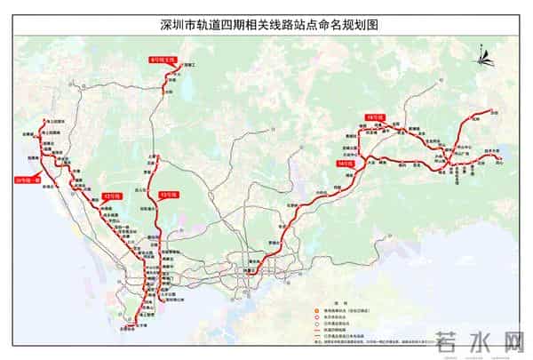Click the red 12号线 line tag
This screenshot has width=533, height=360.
113,195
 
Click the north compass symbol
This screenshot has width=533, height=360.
484,59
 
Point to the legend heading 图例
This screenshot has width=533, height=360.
352,302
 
